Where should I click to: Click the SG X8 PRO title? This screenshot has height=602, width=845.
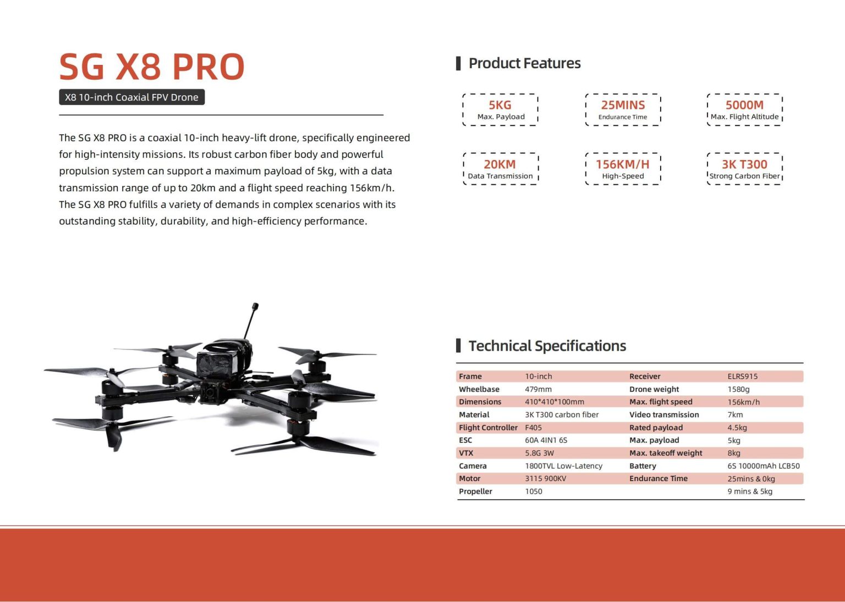(x=152, y=67)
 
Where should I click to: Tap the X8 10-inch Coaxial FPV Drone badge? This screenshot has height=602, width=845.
(x=131, y=97)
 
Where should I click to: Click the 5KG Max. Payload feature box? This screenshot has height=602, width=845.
(x=500, y=110)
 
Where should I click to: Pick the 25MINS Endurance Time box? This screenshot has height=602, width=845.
(x=623, y=110)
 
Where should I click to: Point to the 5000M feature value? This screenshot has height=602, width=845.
(x=745, y=105)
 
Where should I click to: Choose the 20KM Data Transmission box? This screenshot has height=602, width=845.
(x=501, y=169)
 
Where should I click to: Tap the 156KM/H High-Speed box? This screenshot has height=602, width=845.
(x=623, y=169)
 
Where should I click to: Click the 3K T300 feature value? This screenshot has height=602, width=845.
(x=745, y=164)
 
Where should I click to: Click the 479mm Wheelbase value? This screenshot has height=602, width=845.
(x=538, y=389)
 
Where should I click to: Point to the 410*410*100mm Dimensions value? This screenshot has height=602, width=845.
(x=554, y=402)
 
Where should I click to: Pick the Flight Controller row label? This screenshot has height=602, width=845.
(x=488, y=428)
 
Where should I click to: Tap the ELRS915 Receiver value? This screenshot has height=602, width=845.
(x=742, y=376)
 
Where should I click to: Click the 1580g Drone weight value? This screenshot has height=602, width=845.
(x=738, y=389)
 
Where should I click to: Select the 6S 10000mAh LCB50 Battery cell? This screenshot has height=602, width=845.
(x=764, y=466)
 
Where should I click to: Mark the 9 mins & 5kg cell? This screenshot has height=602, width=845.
(x=750, y=491)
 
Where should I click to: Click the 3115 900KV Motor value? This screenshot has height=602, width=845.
(x=546, y=478)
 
